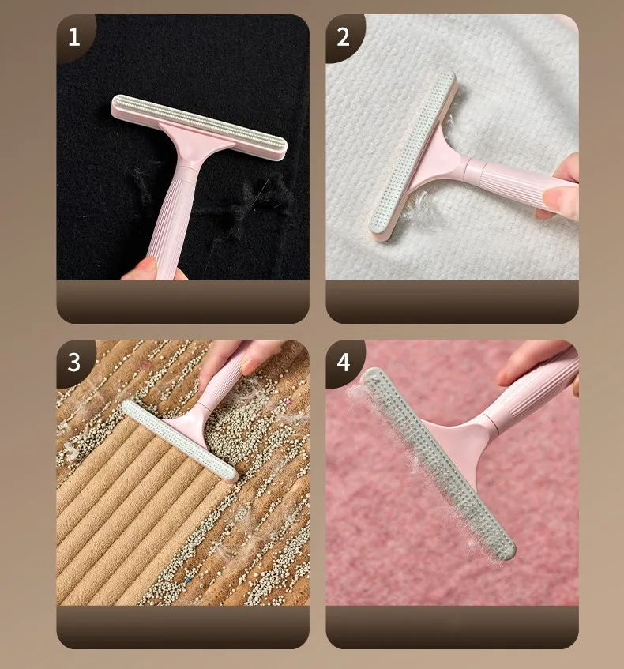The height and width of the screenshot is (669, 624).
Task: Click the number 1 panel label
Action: pos(73,37)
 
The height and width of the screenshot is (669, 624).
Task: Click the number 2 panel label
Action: pos(343,37)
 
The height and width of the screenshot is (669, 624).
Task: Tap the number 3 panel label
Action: pos(73,363)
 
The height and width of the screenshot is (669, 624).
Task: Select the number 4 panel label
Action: pos(344,363)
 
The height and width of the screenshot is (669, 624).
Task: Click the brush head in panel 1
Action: pos(198,128)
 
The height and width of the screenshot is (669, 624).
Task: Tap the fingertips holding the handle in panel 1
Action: pos(154,270)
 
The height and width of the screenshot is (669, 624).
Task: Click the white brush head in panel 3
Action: pos(180,441)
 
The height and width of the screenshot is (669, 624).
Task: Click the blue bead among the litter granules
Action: pos(186,580)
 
